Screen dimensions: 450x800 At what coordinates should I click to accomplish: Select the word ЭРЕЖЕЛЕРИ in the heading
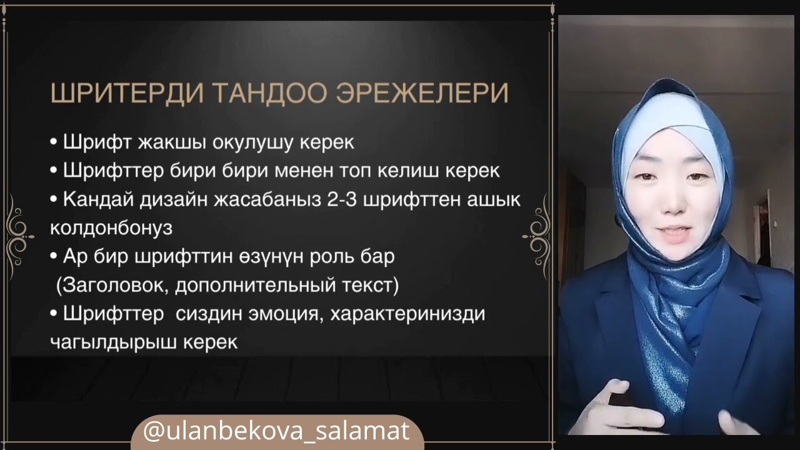tap(422, 93)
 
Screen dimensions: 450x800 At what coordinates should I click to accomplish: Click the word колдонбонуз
tap(111, 228)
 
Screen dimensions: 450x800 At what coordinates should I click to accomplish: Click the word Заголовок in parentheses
tap(112, 286)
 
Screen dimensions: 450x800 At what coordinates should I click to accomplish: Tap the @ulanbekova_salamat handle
tap(276, 431)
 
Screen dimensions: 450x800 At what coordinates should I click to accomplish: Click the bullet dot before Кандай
tap(54, 200)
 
